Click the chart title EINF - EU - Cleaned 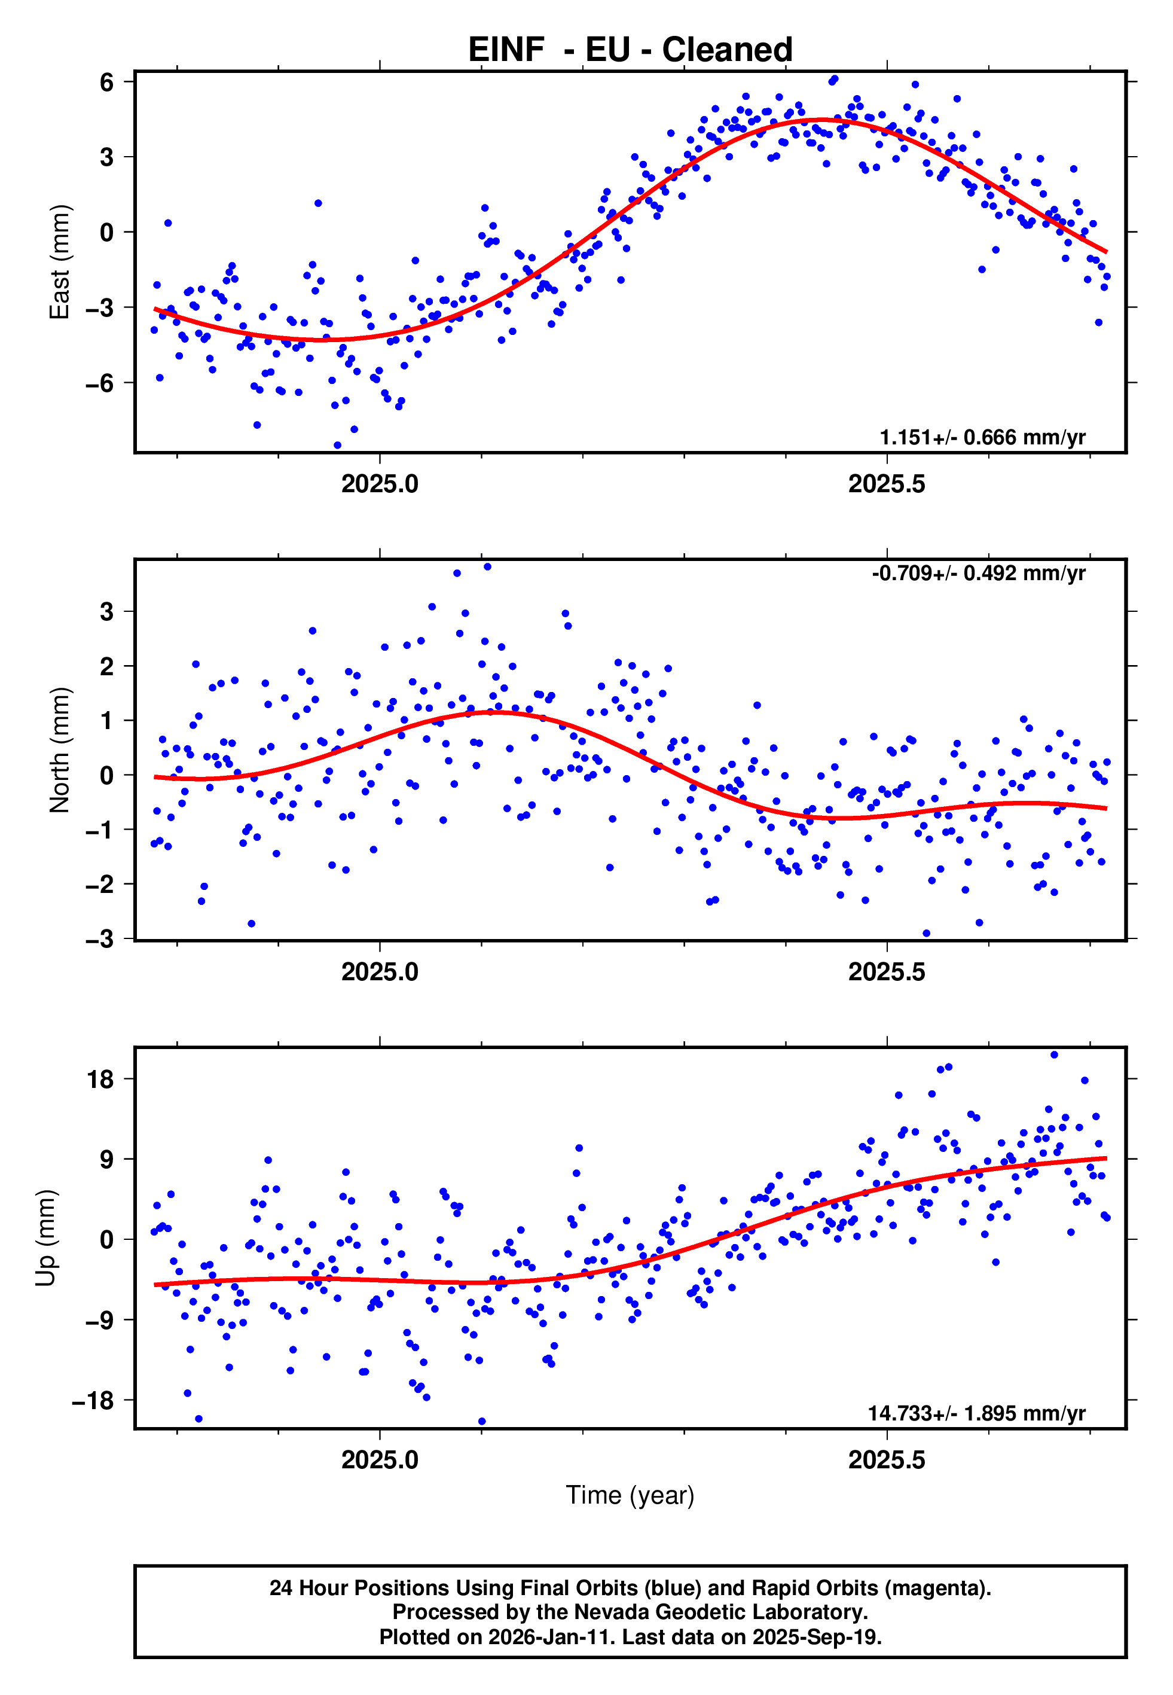630,50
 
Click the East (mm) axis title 60,262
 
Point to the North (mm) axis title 60,750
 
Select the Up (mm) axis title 45,1238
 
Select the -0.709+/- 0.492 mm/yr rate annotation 978,574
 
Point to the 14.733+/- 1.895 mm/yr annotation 976,1413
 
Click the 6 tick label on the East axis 107,83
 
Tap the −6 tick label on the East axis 99,383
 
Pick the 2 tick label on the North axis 107,666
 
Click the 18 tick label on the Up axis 100,1079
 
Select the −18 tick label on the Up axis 93,1400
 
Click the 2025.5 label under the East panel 887,484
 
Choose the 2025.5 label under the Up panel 887,1460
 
